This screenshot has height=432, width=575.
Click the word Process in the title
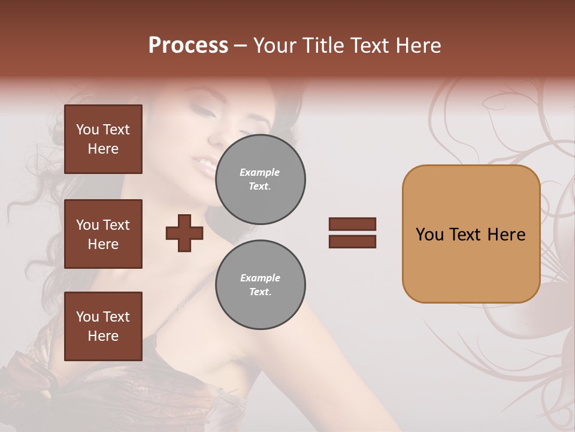click(188, 46)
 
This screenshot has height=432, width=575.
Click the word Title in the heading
click(322, 46)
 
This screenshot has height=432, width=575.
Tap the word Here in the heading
click(417, 46)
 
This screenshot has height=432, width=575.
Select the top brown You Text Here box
click(103, 139)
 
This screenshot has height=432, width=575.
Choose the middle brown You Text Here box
click(103, 234)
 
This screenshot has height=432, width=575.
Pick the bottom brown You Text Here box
click(103, 326)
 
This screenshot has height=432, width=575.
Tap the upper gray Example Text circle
click(260, 179)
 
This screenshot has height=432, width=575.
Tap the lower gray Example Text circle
click(260, 285)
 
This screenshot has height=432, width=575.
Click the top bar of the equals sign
click(352, 224)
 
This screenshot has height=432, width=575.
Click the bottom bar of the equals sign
click(352, 241)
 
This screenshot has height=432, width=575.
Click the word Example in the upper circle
click(260, 172)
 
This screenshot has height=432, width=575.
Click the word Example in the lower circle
click(260, 278)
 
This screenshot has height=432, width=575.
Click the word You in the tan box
click(429, 235)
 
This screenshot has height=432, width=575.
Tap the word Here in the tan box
click(506, 235)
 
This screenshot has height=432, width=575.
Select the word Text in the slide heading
click(370, 46)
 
